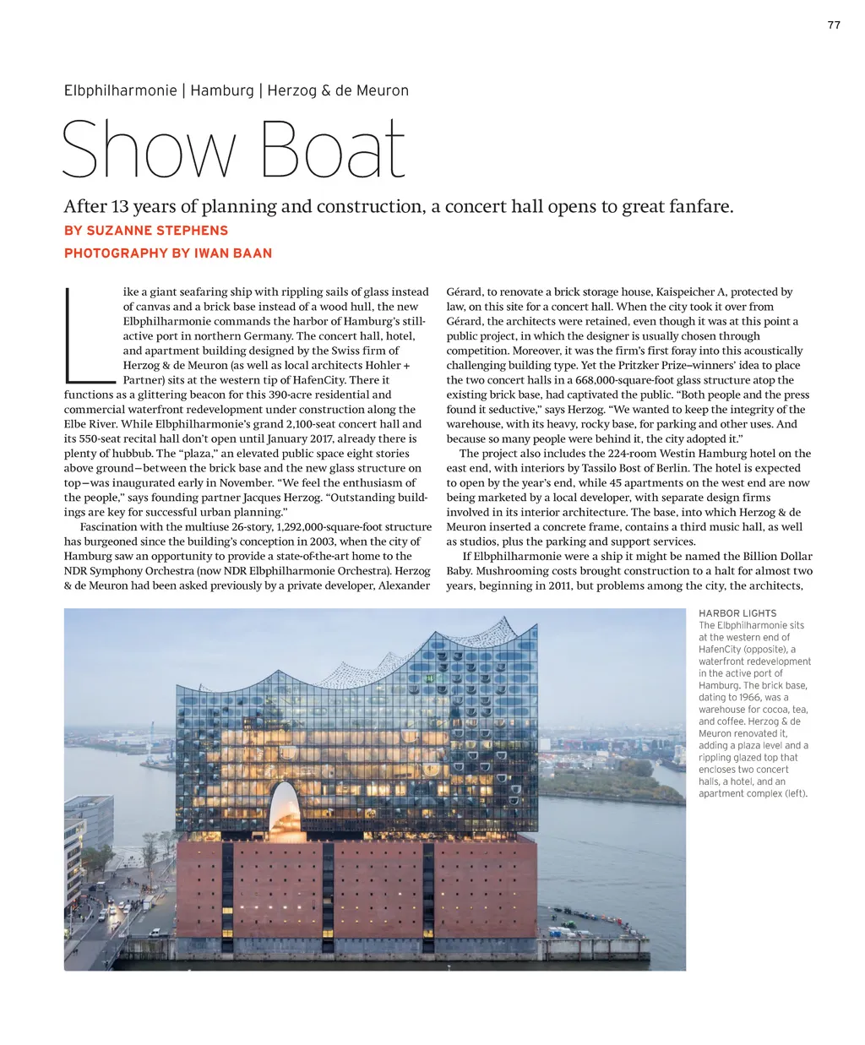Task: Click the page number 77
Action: pos(834,25)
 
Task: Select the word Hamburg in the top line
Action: pos(222,90)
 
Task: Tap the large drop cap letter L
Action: pos(87,334)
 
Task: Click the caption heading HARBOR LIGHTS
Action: pos(737,613)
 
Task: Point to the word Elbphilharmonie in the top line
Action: pos(120,90)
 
